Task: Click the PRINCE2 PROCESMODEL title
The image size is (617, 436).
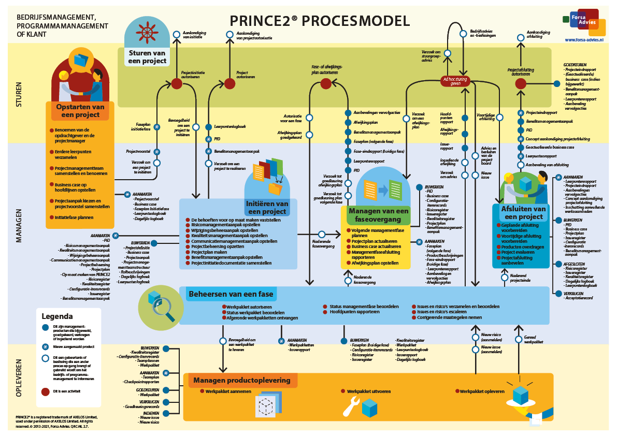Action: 320,21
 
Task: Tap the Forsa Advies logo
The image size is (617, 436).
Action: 584,22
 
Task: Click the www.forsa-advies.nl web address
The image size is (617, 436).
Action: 584,39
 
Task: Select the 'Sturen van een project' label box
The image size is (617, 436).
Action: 148,57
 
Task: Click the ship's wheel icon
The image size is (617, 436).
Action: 148,33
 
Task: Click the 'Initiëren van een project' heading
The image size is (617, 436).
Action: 267,208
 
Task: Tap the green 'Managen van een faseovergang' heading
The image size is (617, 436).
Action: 378,215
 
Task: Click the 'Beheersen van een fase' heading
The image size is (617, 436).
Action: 231,294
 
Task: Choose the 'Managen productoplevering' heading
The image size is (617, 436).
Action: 241,381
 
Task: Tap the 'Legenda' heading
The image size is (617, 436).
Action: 57,316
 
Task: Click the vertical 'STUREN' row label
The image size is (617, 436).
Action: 19,94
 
